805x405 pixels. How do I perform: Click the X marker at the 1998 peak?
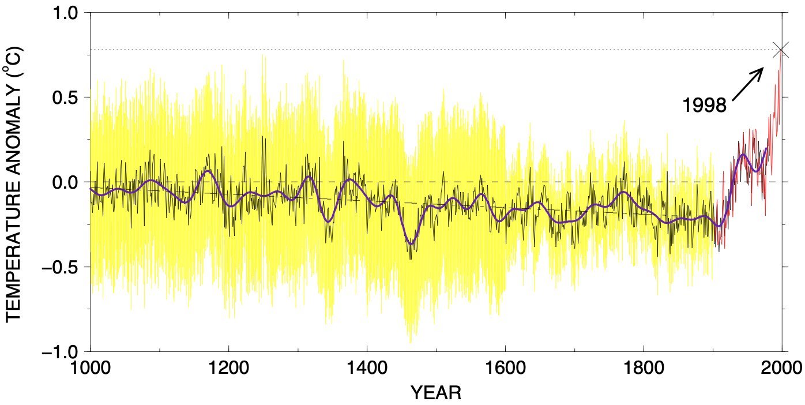click(x=781, y=50)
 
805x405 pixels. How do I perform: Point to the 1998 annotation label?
click(x=704, y=105)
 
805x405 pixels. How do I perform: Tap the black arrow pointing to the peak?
click(x=748, y=84)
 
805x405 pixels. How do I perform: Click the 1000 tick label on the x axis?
click(x=91, y=368)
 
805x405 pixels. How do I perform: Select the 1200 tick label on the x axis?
click(x=228, y=368)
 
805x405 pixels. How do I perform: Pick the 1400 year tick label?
click(x=367, y=368)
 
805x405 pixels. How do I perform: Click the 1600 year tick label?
click(x=505, y=368)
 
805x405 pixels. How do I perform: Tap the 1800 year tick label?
click(x=644, y=368)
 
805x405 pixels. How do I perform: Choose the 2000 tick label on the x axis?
click(x=782, y=368)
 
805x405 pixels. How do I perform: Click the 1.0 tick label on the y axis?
click(x=68, y=12)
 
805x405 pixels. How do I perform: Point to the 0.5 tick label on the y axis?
click(x=68, y=97)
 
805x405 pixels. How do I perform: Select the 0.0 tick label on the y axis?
click(x=68, y=182)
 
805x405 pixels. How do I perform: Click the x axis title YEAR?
click(x=435, y=393)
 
